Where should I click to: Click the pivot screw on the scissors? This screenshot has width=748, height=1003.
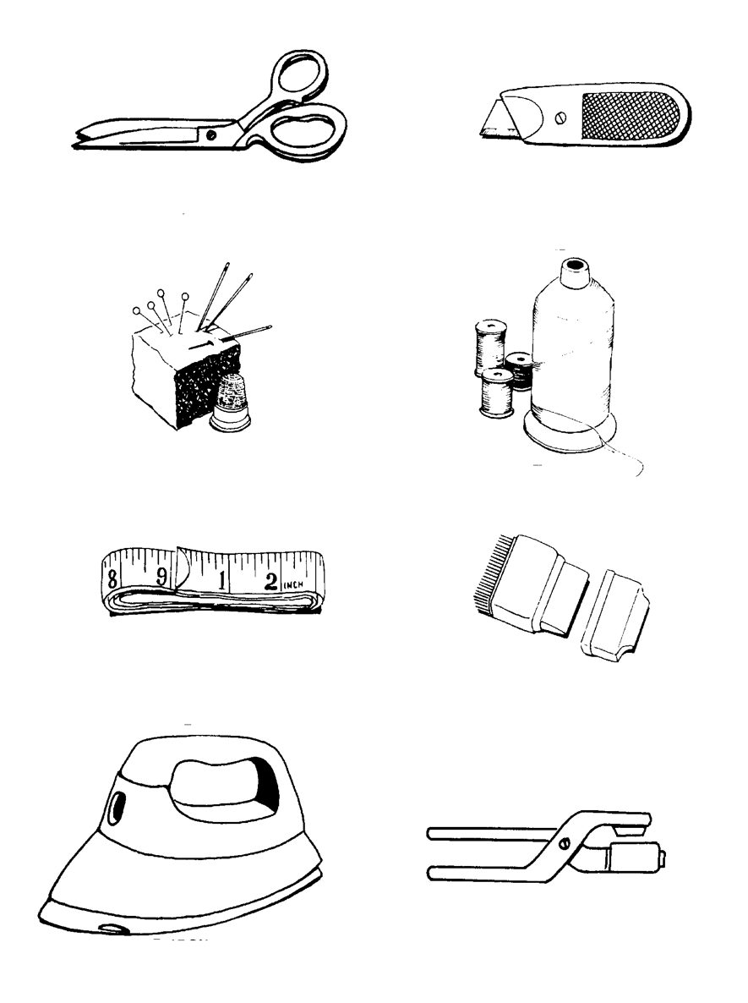coord(210,133)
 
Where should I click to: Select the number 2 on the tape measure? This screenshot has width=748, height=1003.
coord(271,579)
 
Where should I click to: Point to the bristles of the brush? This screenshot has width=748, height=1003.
coord(483,584)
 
